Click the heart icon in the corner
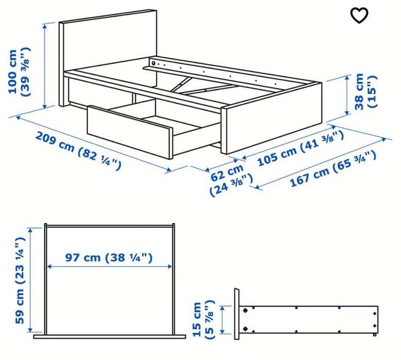(359, 15)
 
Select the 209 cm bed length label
(78, 151)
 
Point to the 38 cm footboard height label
(366, 92)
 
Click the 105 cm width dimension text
(301, 148)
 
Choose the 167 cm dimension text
(333, 169)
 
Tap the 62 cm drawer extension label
(231, 180)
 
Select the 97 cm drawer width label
(109, 257)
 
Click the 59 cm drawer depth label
(20, 280)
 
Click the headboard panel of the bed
(107, 58)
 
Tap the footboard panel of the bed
(271, 118)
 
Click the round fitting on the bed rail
(154, 63)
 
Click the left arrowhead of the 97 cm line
(50, 266)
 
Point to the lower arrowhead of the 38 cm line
(347, 112)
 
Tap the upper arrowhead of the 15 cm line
(222, 309)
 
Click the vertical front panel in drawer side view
(237, 314)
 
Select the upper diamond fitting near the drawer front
(246, 311)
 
